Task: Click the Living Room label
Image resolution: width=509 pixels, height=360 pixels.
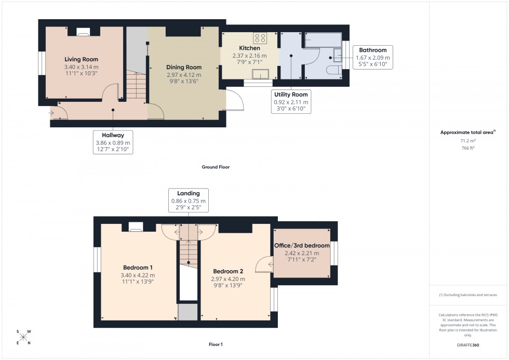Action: pos(81,59)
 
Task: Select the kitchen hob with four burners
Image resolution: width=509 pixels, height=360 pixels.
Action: pos(260,38)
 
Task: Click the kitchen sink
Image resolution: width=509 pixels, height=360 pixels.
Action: pos(260,73)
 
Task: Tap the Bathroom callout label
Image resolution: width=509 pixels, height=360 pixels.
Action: pos(372,50)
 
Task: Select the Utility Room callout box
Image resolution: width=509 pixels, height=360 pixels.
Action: pos(291,102)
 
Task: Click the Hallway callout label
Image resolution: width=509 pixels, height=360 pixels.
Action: pos(113,135)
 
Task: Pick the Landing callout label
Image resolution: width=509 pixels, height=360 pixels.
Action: pos(189,193)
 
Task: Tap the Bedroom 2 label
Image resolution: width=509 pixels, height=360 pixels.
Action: pos(229,271)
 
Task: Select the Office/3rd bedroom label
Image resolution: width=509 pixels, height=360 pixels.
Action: pos(302,246)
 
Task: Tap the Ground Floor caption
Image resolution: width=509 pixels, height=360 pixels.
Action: pos(216,167)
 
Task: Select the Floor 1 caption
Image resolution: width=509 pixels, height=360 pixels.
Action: pos(215,344)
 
